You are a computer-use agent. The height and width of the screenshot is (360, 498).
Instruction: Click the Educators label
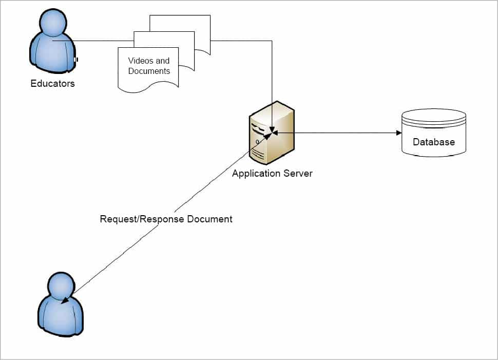[x=52, y=83]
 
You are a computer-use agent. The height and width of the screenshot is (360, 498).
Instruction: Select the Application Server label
[x=272, y=173]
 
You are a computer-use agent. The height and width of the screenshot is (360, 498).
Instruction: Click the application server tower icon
[x=272, y=132]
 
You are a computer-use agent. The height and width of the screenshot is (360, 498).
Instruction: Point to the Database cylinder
[x=434, y=132]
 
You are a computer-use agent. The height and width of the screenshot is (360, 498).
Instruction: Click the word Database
[x=434, y=142]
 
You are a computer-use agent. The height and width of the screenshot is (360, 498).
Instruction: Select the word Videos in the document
[x=140, y=61]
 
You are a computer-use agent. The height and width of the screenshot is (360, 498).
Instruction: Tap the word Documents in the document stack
[x=149, y=71]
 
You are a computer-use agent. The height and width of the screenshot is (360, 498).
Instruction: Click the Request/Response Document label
[x=166, y=219]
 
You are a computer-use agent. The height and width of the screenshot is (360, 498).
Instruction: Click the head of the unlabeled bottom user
[x=61, y=285]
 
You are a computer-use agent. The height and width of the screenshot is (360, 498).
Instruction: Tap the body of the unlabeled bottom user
[x=62, y=316]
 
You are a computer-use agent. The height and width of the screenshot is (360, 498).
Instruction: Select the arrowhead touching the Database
[x=398, y=133]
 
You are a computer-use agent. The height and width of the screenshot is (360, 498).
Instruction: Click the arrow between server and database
[x=336, y=133]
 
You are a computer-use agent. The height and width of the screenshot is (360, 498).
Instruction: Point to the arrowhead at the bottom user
[x=65, y=301]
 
